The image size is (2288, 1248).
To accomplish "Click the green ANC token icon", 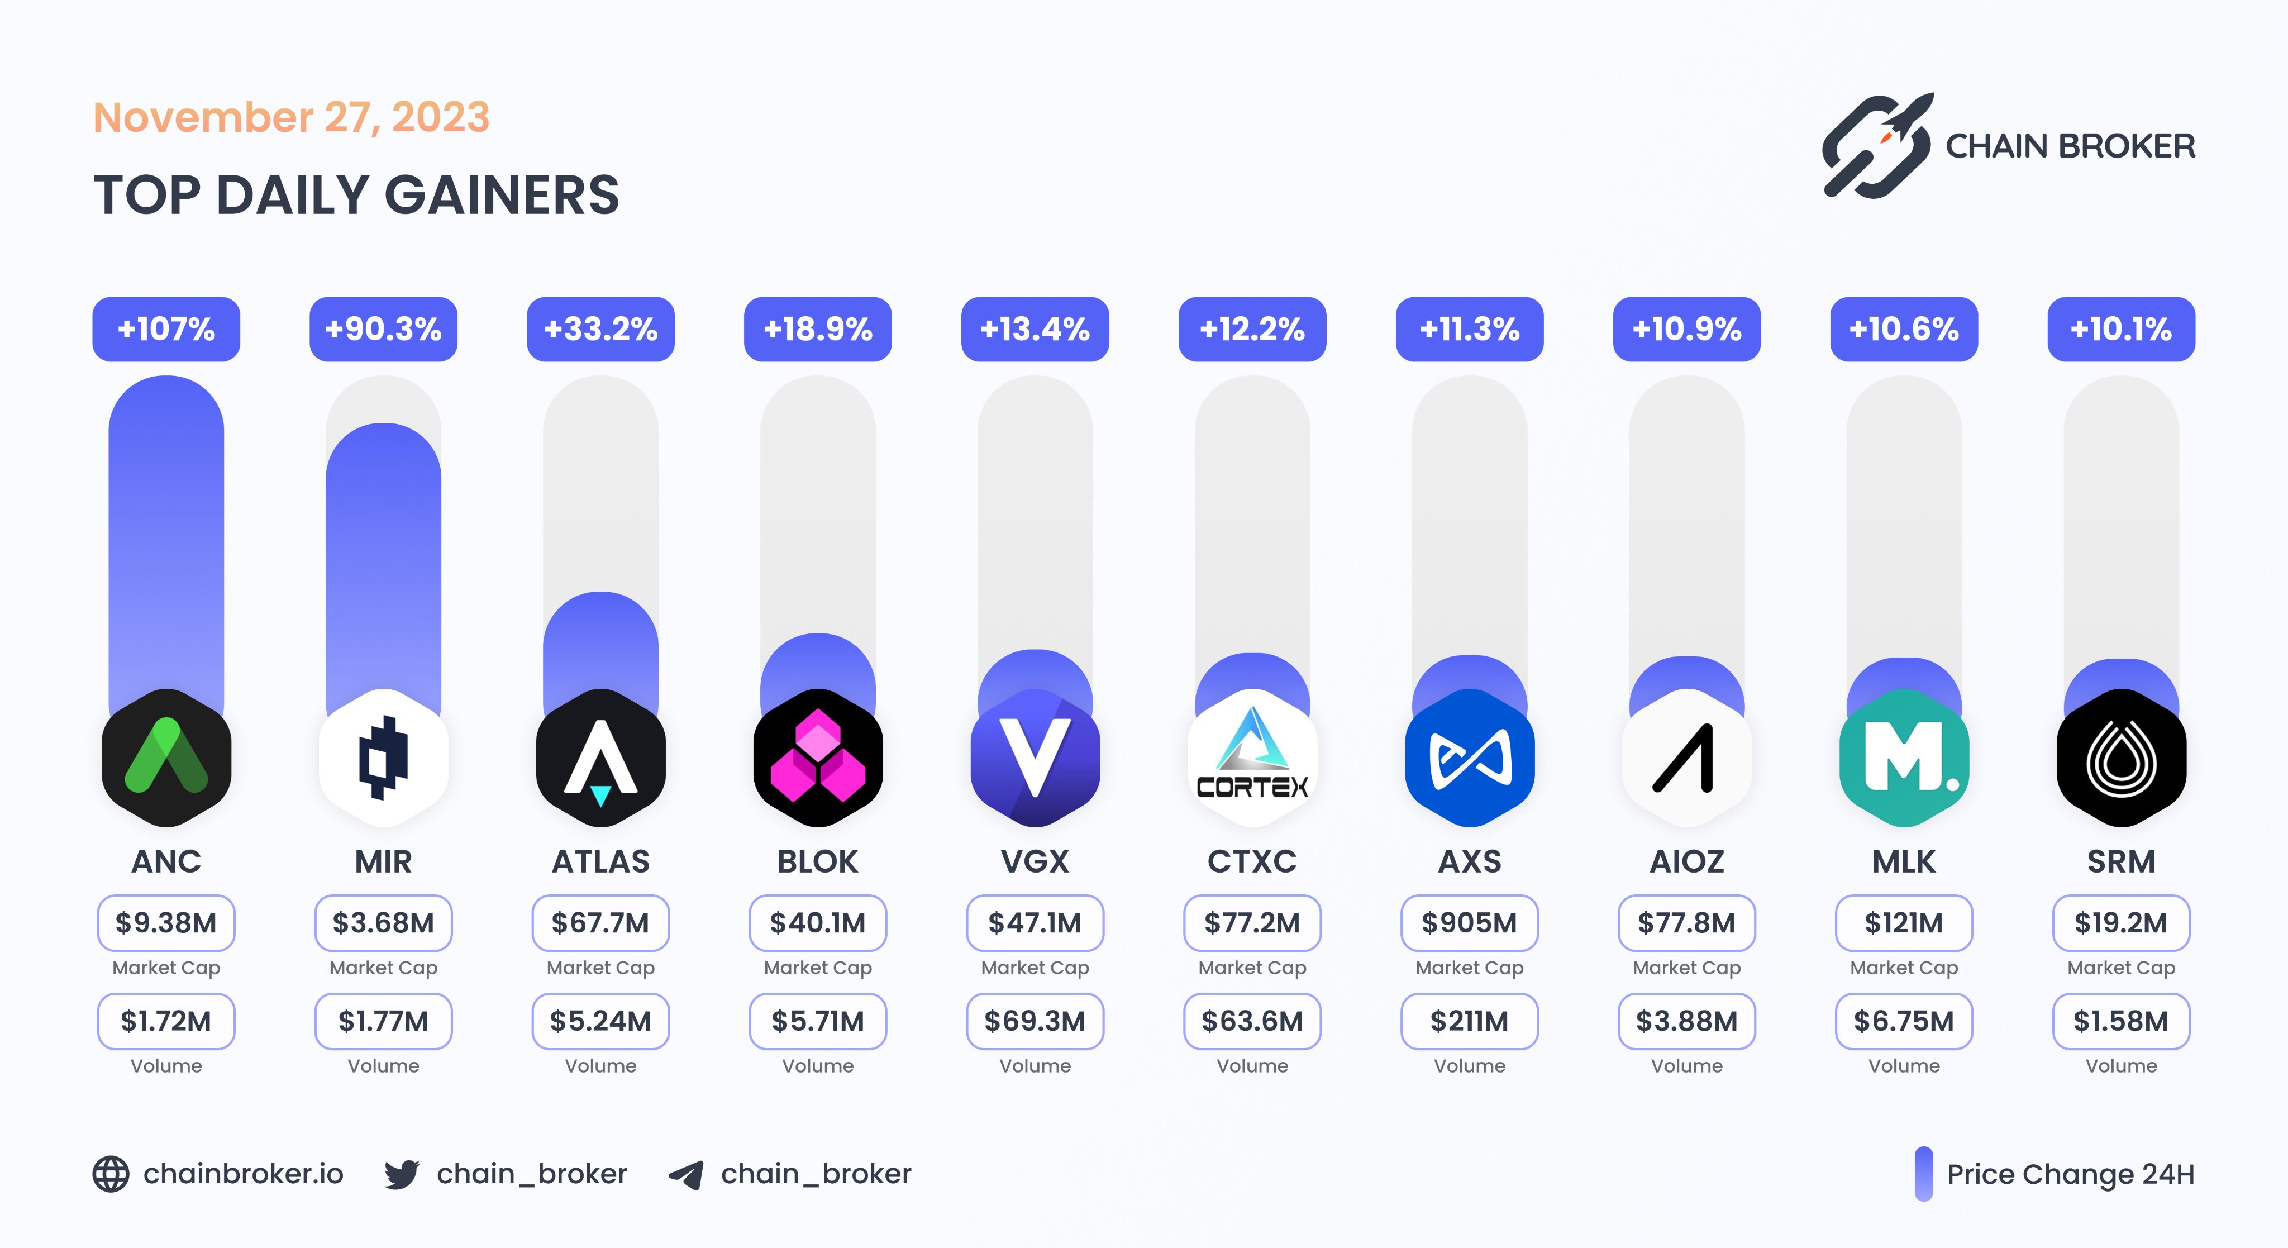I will pyautogui.click(x=166, y=758).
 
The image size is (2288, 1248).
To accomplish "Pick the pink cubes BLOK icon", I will pyautogui.click(x=818, y=758).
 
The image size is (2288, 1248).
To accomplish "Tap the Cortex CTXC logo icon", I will pyautogui.click(x=1252, y=758).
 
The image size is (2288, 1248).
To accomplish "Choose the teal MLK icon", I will pyautogui.click(x=1904, y=758).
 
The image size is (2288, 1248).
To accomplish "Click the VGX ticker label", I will pyautogui.click(x=1035, y=861).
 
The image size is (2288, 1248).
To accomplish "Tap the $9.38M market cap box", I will pyautogui.click(x=166, y=923).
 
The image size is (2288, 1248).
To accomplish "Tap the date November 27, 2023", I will pyautogui.click(x=292, y=117).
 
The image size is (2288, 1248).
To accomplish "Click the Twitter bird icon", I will pyautogui.click(x=402, y=1174).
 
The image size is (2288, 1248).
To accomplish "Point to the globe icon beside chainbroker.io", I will pyautogui.click(x=111, y=1174).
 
